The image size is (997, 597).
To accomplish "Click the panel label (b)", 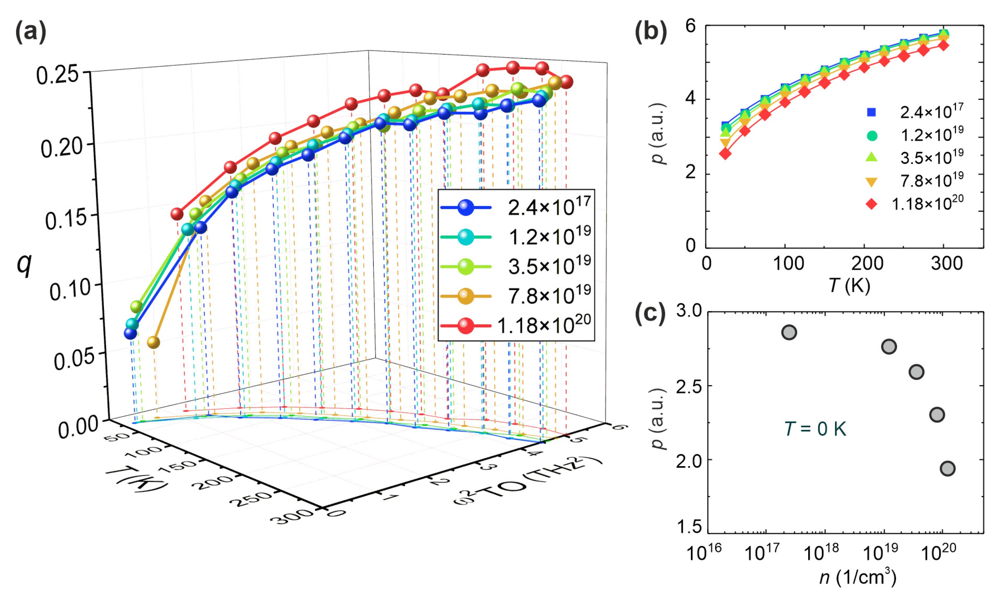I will [x=650, y=32].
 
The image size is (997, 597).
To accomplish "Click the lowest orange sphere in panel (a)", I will [x=153, y=342].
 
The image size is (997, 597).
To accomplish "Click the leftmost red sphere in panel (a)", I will [x=177, y=214].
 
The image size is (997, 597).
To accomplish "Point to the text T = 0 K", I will [x=815, y=429].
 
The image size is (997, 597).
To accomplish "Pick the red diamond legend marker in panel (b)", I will [x=871, y=204].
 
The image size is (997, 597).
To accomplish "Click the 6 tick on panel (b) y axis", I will [x=691, y=26].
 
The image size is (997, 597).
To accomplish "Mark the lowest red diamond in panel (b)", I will [x=725, y=154].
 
